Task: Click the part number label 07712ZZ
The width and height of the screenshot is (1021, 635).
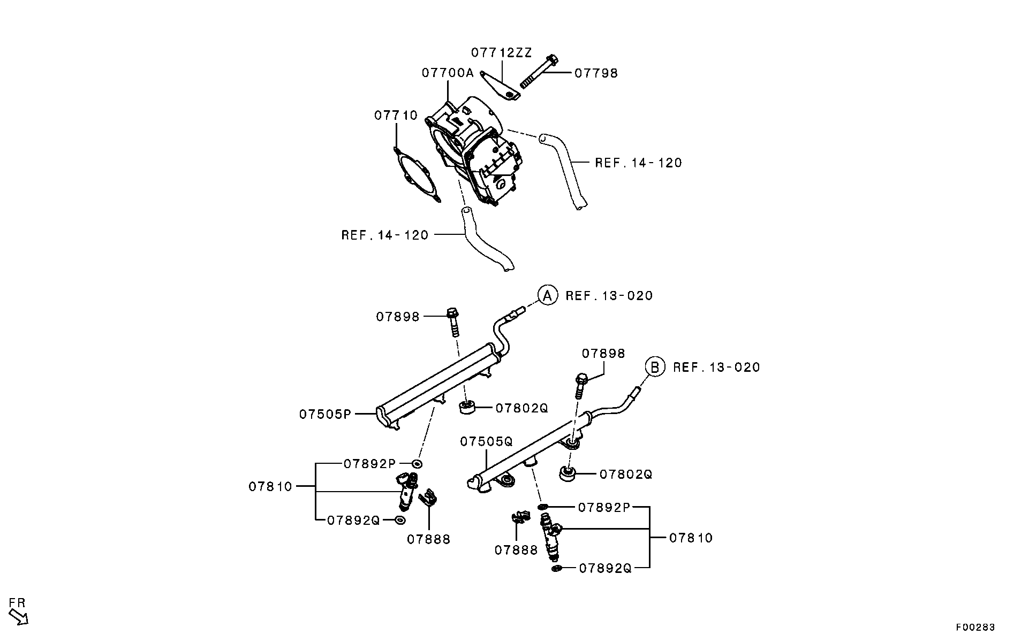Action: pos(501,52)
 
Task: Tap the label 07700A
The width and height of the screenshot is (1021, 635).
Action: pos(448,73)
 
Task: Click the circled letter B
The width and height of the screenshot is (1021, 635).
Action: pos(654,367)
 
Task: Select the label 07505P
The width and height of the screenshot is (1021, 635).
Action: pos(325,414)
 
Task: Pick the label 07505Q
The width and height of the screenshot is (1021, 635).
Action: pos(486,441)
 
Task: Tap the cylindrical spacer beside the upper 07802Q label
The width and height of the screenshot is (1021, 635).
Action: pos(467,408)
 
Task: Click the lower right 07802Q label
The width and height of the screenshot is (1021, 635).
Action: pos(625,475)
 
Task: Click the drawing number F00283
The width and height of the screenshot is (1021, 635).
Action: pos(975,627)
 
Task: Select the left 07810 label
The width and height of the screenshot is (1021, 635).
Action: pos(270,486)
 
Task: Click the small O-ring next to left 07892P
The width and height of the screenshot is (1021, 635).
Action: pos(417,463)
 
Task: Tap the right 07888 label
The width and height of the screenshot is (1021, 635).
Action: pos(516,550)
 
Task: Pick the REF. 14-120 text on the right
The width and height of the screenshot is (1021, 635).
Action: pos(638,163)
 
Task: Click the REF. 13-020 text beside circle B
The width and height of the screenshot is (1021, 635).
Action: pos(716,367)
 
